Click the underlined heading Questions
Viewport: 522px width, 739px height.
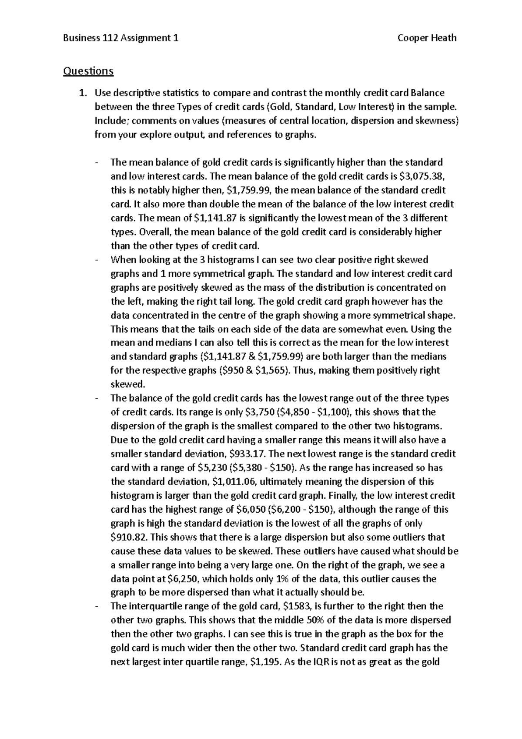click(x=88, y=71)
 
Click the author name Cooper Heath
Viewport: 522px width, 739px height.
click(x=427, y=38)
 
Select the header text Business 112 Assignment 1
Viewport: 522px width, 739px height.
click(x=120, y=38)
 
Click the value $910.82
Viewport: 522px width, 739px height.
click(x=129, y=537)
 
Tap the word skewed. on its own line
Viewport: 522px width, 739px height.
click(x=127, y=384)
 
